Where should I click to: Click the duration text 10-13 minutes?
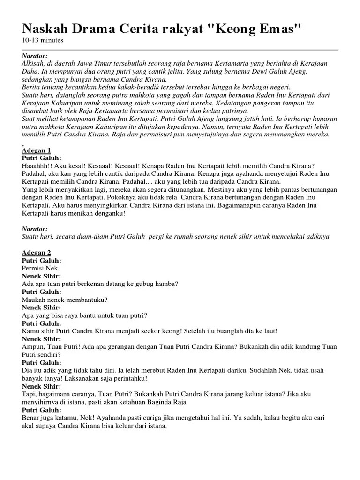(43, 40)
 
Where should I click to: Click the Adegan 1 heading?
(36, 150)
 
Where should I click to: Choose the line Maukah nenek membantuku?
(65, 300)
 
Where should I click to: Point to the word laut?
(269, 331)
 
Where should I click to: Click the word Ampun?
(32, 347)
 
